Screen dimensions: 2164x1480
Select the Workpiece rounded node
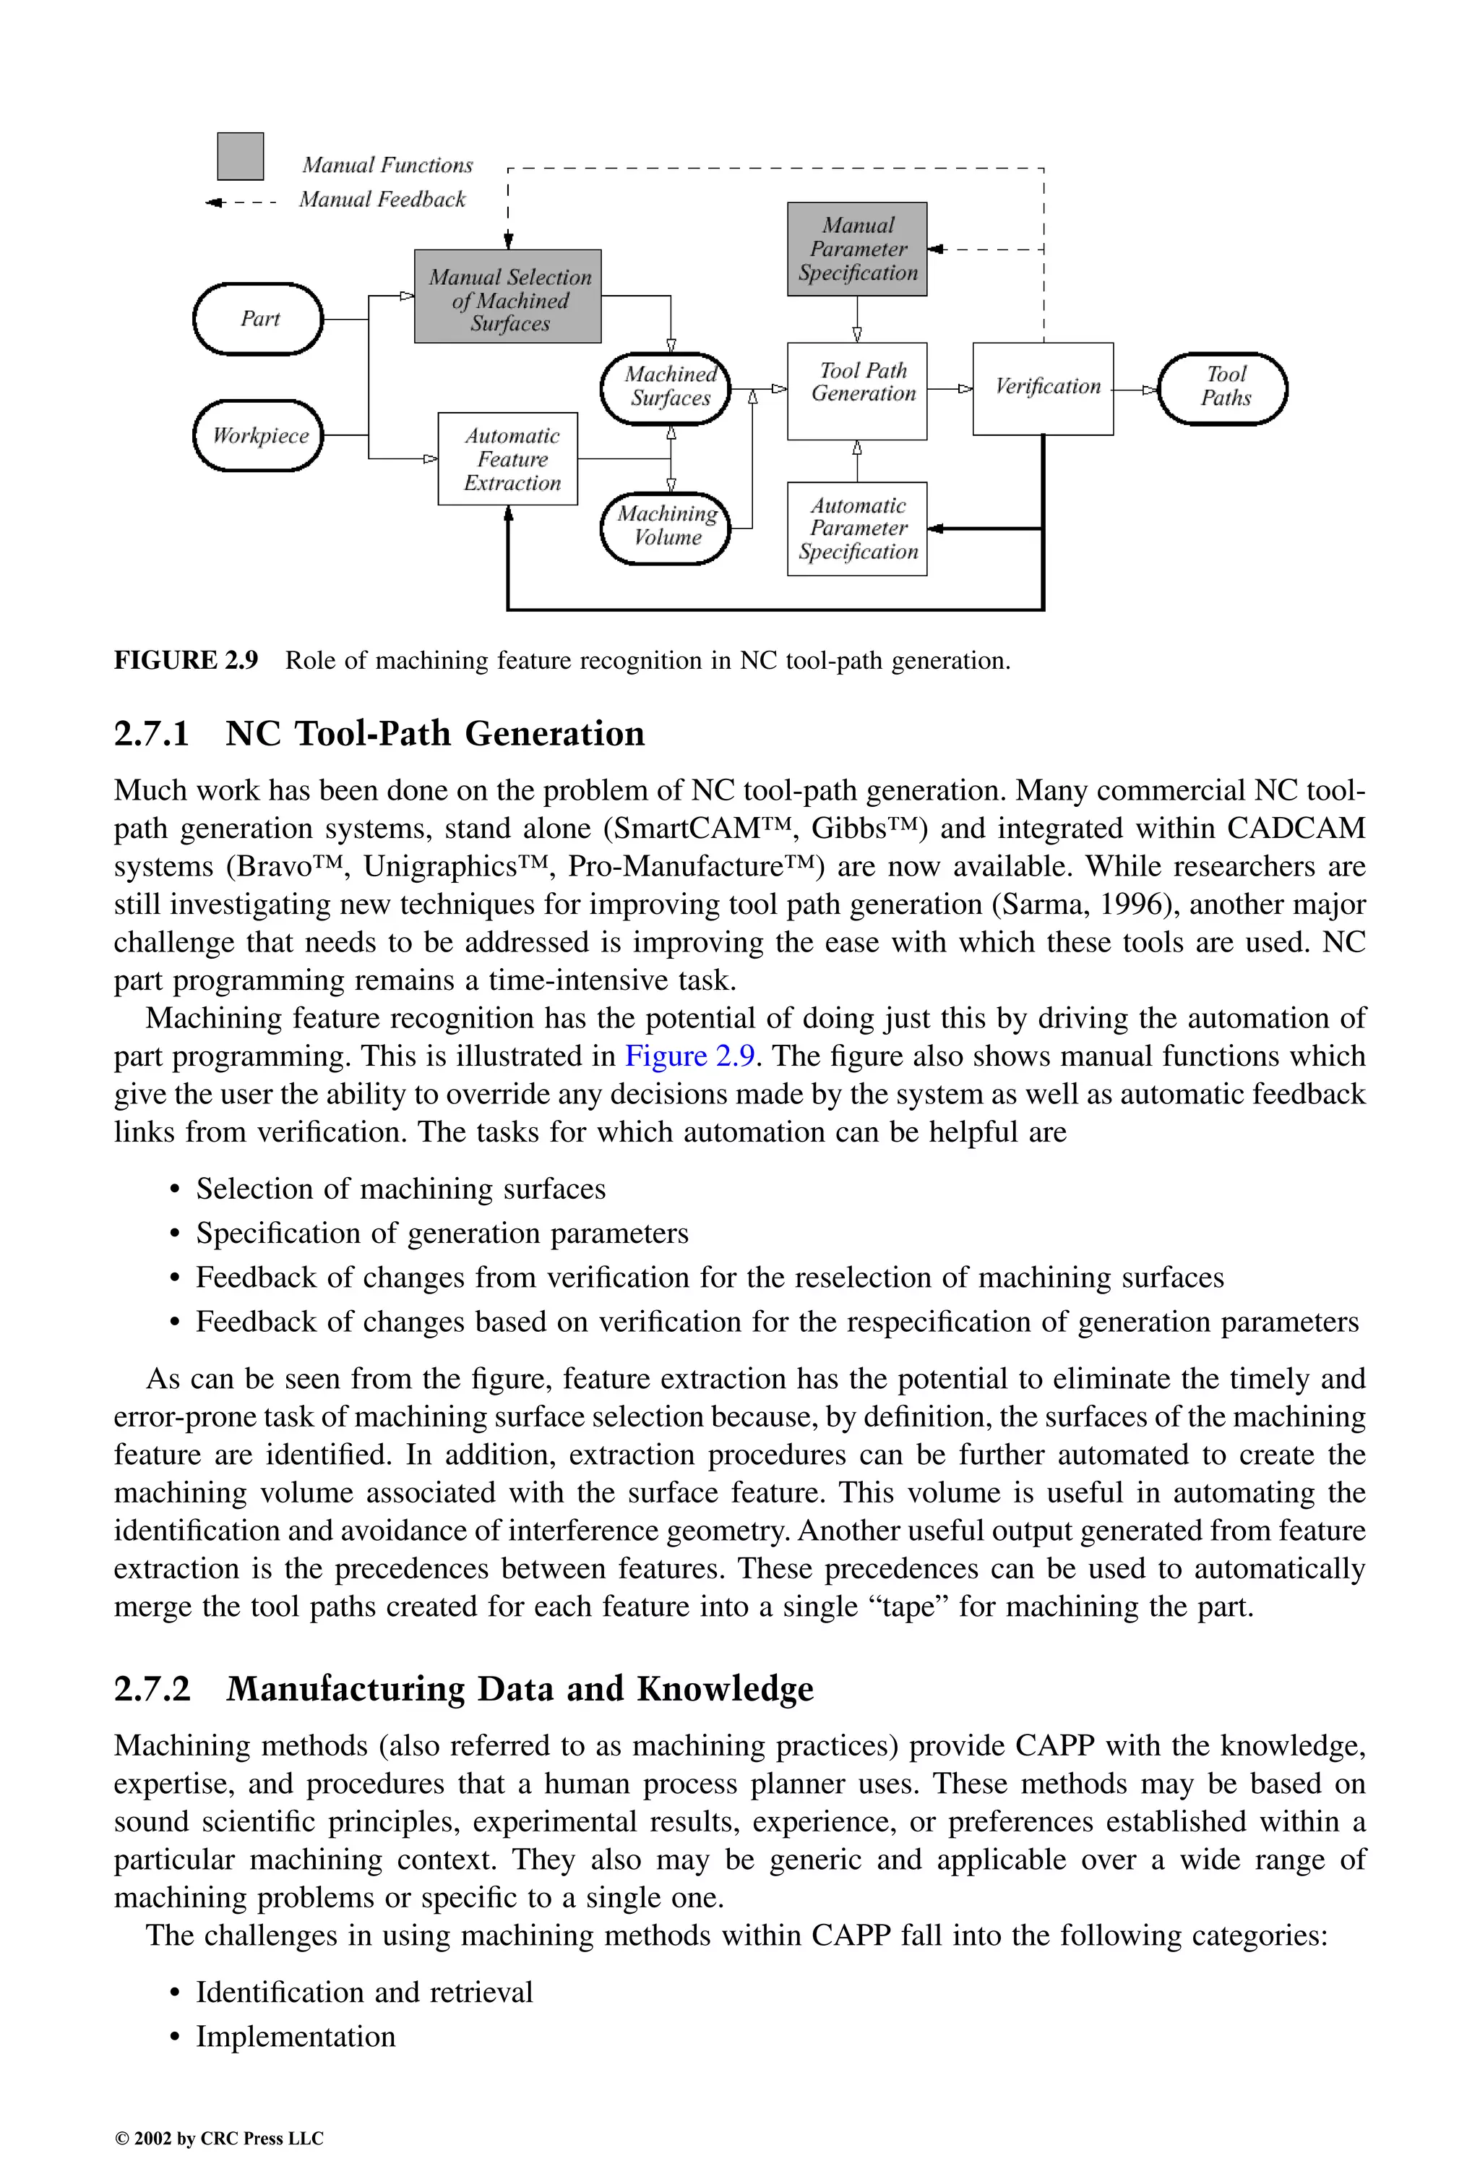258,436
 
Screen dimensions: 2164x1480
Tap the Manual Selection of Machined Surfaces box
508,297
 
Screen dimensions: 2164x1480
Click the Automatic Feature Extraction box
508,459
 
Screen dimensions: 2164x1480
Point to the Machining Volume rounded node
666,527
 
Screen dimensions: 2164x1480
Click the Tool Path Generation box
857,391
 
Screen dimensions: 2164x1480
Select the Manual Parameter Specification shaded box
857,249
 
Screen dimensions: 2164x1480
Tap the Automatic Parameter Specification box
857,529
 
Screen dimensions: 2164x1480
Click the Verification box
1044,388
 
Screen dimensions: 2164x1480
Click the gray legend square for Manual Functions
240,156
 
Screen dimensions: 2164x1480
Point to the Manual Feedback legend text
382,200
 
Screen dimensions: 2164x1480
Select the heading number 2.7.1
152,735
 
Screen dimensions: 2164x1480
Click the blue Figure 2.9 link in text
689,1057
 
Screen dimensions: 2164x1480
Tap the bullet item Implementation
295,2037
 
